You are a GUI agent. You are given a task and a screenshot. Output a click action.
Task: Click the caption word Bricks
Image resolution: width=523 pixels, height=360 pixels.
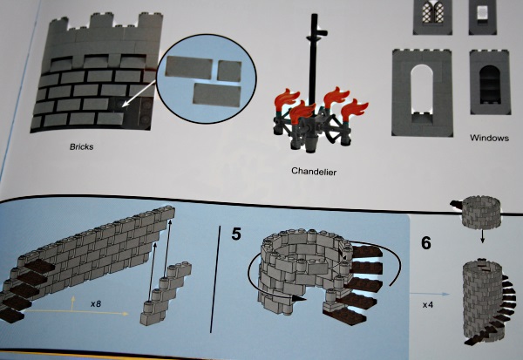[81, 146]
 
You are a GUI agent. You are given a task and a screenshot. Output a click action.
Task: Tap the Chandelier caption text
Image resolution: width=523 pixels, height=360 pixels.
[314, 172]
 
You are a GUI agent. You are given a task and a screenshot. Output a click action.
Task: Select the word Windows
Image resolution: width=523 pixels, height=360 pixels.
[489, 138]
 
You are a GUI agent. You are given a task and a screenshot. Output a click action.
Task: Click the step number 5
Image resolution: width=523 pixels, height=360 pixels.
[236, 234]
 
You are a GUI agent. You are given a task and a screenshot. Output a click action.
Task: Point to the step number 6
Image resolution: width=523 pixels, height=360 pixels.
[426, 243]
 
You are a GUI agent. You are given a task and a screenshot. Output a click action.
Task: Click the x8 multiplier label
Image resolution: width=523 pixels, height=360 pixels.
[96, 304]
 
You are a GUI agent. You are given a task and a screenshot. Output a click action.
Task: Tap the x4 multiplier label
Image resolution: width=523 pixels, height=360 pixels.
[428, 305]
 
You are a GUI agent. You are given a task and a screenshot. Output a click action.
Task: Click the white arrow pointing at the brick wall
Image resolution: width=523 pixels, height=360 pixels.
[139, 93]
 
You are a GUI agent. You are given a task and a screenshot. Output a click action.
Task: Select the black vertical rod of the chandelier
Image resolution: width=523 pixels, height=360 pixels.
[314, 60]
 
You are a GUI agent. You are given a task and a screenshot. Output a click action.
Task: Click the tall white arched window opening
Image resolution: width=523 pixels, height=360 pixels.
[422, 93]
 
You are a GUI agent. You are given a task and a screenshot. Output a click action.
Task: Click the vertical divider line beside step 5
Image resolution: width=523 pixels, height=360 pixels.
[215, 279]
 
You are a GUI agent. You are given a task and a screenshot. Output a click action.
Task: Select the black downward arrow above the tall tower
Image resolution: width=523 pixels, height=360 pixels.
[482, 236]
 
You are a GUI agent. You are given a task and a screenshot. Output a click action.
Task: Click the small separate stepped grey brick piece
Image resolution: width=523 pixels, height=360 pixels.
[166, 293]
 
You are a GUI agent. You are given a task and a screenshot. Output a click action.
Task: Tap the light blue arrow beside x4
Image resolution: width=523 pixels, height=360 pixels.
[431, 294]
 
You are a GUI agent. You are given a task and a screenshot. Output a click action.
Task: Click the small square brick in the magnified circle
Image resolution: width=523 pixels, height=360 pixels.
[229, 71]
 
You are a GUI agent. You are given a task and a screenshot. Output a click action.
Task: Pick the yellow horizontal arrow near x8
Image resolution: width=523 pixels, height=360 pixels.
[76, 312]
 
